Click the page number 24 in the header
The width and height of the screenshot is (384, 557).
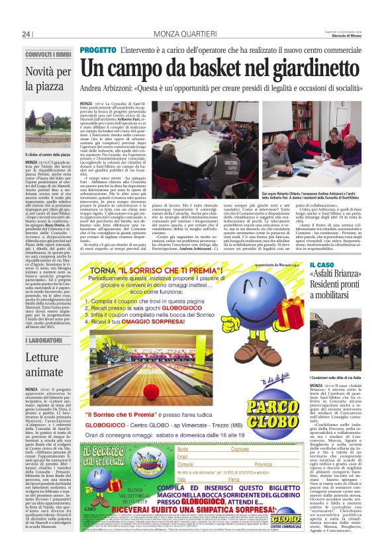pyautogui.click(x=26, y=34)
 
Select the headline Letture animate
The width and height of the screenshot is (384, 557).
pyautogui.click(x=42, y=363)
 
